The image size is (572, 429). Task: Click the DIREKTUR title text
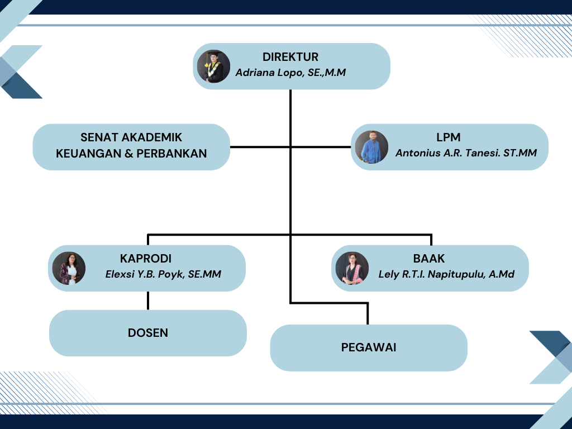coord(290,57)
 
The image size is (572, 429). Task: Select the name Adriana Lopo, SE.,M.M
coord(290,73)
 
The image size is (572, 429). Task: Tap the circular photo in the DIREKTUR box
coord(213,66)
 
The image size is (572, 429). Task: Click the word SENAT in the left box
coord(96,137)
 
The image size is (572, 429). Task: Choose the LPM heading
coord(449,137)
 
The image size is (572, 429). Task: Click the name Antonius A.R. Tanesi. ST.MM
coord(466,153)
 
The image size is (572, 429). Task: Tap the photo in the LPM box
coord(371,147)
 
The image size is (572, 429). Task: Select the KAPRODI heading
coord(146,258)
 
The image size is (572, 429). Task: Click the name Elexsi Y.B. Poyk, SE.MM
coord(163,274)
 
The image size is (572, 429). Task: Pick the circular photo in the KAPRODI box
coord(69,268)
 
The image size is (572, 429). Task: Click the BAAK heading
coord(428,258)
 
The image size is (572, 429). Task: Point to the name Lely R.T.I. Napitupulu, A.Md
coord(446,274)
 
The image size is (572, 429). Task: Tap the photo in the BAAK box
coord(352,268)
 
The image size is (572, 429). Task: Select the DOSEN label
coord(147,333)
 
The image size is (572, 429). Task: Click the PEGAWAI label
coord(369,347)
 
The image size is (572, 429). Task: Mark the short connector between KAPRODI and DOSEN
coord(147,301)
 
